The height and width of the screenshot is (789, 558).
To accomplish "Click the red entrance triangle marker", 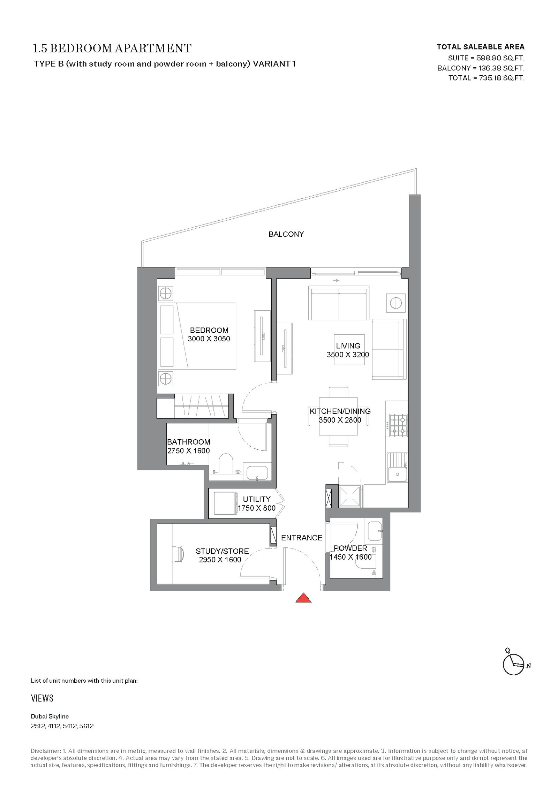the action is pos(303,598).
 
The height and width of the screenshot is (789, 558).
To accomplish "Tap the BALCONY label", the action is pos(286,234).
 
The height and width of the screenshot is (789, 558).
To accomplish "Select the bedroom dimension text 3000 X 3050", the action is pos(209,339).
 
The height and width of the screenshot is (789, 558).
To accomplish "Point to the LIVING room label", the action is pos(348,346).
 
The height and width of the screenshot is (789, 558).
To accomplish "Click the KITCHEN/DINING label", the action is pos(340,411).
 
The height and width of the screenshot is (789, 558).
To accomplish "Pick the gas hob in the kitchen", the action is pos(398,425).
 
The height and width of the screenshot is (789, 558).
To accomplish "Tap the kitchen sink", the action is pos(397,467).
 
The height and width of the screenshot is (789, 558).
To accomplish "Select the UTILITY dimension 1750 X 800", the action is pos(256,508).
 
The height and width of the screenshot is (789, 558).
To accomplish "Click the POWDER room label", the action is pos(350,548).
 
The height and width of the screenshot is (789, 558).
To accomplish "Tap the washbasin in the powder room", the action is pos(375,531).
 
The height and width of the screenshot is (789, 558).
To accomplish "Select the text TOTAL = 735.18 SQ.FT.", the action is pos(486,78).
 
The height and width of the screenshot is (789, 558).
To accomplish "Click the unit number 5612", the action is pos(86,726).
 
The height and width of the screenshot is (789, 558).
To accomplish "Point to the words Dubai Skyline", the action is pos(50,716).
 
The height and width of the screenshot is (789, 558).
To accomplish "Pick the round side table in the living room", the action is pos(395,303).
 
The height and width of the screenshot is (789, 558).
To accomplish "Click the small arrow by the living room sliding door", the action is pos(336,280).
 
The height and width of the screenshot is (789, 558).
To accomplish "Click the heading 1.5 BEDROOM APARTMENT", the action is pos(112,48).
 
